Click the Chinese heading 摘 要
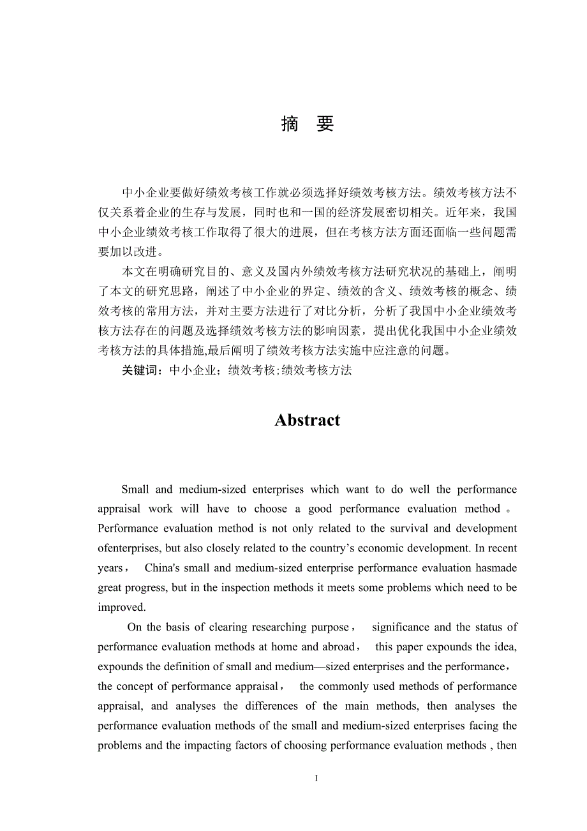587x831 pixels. (x=308, y=124)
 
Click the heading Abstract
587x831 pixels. (x=308, y=420)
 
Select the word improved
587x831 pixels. (x=122, y=608)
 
